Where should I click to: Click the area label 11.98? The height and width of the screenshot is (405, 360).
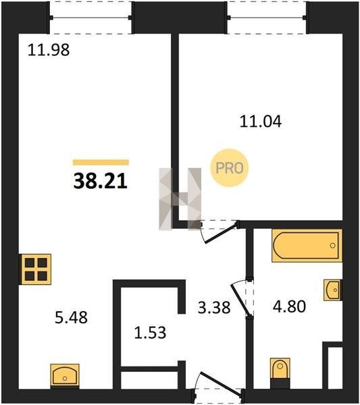point(49,50)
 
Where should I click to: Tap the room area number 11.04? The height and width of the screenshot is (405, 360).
point(261,122)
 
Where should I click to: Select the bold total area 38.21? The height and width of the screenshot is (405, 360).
point(100,181)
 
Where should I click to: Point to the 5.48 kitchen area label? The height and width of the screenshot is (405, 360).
point(71,317)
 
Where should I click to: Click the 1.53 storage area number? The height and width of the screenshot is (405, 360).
point(150,333)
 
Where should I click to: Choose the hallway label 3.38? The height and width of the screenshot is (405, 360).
point(214,308)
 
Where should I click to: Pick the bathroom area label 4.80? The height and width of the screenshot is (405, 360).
point(290,306)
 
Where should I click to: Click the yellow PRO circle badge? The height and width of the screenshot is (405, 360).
point(230,168)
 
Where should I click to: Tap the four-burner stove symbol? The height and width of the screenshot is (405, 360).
point(36,269)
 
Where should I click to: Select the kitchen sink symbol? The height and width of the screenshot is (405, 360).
point(65,376)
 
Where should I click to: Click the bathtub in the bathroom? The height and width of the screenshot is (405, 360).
point(307,246)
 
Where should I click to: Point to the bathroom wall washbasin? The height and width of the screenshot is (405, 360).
point(333,290)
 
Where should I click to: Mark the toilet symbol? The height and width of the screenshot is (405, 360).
point(280,373)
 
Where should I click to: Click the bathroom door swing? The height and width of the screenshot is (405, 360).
point(242,298)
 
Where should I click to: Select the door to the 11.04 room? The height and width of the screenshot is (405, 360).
point(219,232)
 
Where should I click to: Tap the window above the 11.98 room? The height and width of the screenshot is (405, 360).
point(91,18)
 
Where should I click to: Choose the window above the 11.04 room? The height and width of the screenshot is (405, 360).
point(267,18)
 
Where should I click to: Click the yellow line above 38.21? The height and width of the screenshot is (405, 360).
point(101,162)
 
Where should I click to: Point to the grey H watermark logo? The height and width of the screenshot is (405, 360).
point(180,199)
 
